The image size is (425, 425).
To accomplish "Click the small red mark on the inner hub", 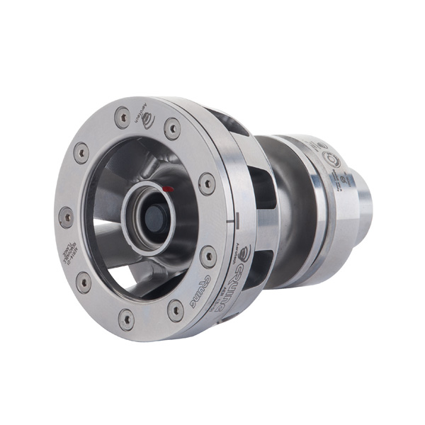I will pos(168,190).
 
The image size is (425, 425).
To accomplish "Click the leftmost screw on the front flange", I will pos(66,216).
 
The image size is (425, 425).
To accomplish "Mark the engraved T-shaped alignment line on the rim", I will pos(228,222).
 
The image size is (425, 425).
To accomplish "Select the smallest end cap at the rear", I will pos(361,205).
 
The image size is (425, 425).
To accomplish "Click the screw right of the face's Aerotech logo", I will pos(172,127).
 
